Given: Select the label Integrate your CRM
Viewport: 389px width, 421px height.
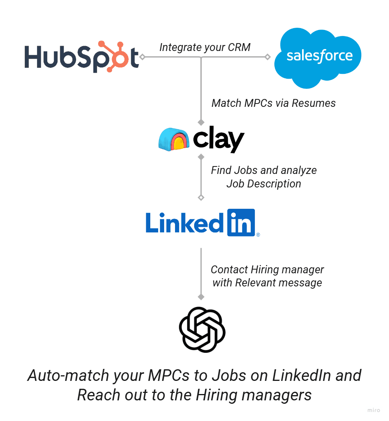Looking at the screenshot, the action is (205, 47).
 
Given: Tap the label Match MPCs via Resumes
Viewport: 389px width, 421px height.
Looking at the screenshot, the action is (274, 103).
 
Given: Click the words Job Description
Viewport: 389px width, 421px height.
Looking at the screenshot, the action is (263, 184).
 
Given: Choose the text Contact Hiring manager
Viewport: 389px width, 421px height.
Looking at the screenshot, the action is (267, 270).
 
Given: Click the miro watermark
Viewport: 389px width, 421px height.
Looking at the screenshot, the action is (374, 410).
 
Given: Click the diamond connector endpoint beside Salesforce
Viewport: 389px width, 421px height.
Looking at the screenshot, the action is (267, 57).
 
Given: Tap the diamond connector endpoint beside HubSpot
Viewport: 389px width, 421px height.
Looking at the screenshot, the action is (142, 57).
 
